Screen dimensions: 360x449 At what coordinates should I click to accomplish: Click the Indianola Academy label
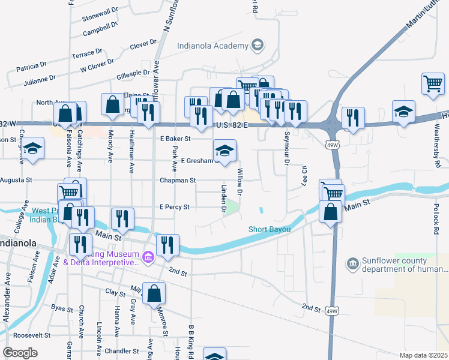pos(212,46)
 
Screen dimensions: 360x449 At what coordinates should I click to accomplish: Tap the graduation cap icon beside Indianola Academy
pos(257,46)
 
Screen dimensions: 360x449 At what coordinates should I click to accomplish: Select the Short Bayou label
pos(270,229)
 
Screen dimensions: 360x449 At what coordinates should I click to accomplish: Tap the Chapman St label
pos(178,180)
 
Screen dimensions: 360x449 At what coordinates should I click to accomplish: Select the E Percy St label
pos(174,207)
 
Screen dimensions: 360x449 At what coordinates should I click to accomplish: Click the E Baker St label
pos(175,139)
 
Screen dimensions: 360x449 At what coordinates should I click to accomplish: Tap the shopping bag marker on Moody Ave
pos(112,104)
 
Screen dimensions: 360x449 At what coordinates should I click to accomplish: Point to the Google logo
pos(20,353)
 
